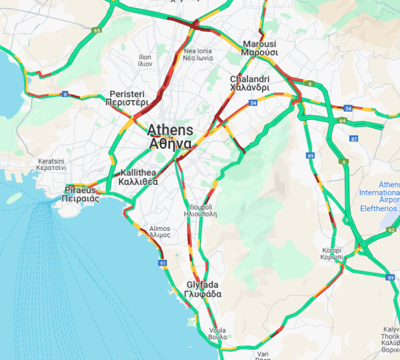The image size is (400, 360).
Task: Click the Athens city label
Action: point(170,137)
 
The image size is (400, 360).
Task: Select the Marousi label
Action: point(260,48)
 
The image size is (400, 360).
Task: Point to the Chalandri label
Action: point(250,83)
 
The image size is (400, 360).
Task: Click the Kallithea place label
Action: point(138,177)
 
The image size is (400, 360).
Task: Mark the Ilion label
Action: point(145,60)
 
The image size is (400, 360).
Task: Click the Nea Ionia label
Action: point(197,54)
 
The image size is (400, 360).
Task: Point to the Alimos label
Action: point(160,231)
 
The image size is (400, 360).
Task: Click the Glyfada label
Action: point(203,289)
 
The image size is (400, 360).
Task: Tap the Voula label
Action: point(217,334)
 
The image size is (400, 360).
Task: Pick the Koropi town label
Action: point(331,253)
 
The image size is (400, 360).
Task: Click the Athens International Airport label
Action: point(380,197)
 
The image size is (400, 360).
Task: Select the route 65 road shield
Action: point(96,30)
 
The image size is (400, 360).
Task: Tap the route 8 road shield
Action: point(65,94)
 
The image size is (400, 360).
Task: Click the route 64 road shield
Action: point(342,120)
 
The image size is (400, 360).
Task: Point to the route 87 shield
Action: point(354,139)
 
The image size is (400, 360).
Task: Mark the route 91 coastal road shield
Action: point(163,264)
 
